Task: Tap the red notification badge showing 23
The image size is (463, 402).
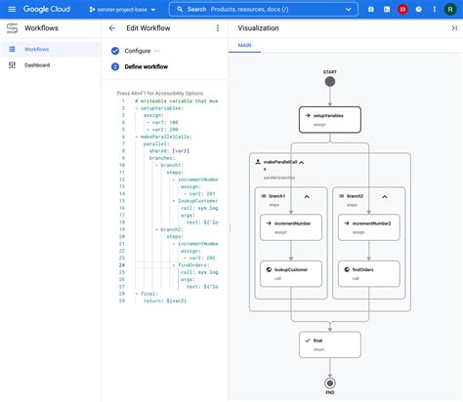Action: [402, 9]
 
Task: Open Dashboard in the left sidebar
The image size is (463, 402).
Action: [37, 65]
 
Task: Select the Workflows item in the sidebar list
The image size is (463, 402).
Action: [37, 48]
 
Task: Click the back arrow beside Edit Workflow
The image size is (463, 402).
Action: [112, 28]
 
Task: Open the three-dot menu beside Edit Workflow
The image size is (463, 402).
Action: [217, 28]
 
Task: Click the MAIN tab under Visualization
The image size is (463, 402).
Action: [244, 46]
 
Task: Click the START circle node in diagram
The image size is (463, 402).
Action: [330, 80]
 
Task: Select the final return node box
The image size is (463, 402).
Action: [330, 343]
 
